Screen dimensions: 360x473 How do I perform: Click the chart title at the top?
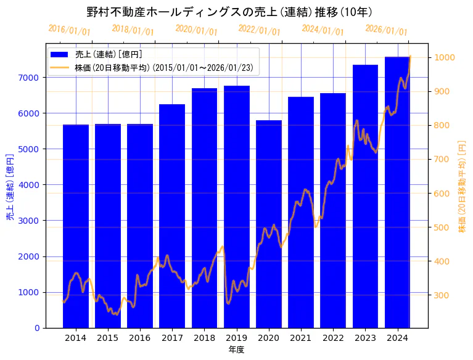tap(229, 12)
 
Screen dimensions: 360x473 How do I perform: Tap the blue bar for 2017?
tap(172, 216)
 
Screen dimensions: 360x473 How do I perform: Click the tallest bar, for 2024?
tap(397, 192)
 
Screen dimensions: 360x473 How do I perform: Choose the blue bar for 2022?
tap(333, 210)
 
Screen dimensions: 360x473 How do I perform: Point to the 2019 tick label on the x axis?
tap(236, 338)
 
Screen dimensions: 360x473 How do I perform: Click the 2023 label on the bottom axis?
tap(365, 338)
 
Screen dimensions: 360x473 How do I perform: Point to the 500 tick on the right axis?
tap(442, 227)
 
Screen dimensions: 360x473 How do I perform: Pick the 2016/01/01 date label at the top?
tap(69, 30)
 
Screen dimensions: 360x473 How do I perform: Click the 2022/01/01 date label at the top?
tap(259, 30)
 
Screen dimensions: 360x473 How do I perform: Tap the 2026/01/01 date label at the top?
tap(386, 30)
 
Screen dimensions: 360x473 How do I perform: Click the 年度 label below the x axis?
tap(236, 350)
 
